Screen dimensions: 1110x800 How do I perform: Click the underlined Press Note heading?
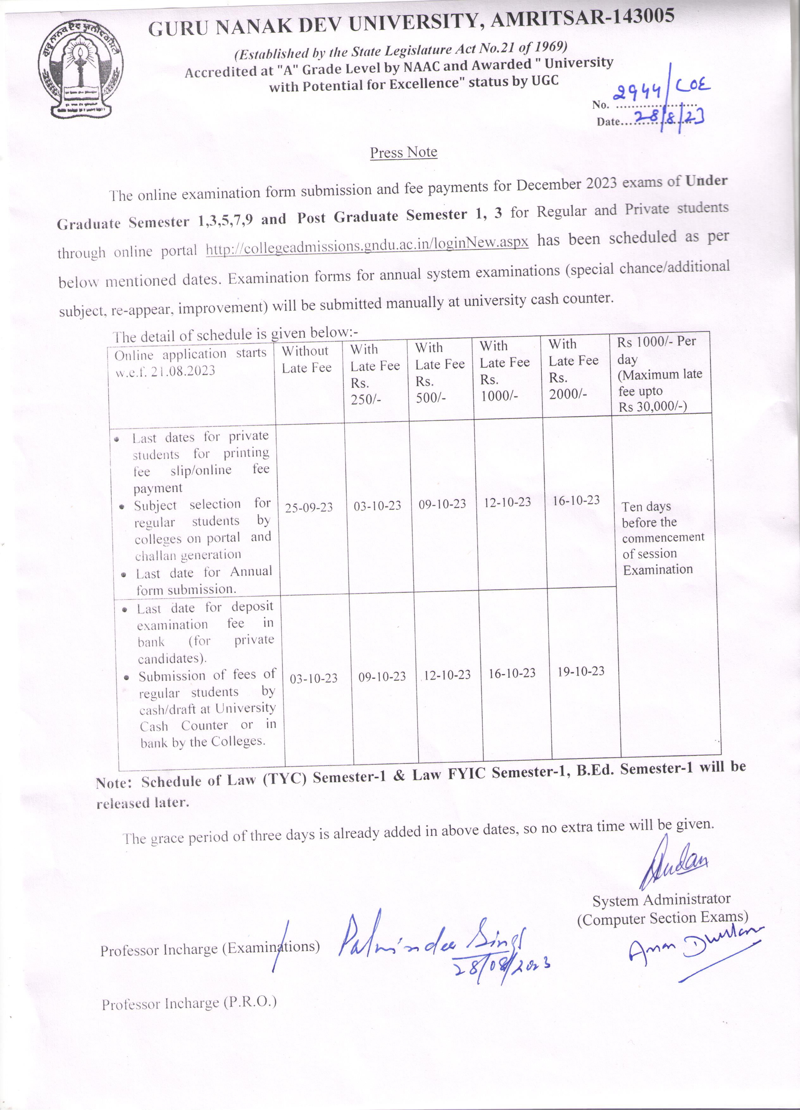[x=403, y=153]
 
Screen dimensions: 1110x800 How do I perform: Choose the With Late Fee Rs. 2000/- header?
[x=573, y=369]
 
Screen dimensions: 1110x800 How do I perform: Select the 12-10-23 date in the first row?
[x=507, y=502]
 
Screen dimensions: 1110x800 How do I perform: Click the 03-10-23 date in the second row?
[x=314, y=678]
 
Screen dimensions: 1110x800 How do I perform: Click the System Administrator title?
[x=661, y=900]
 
